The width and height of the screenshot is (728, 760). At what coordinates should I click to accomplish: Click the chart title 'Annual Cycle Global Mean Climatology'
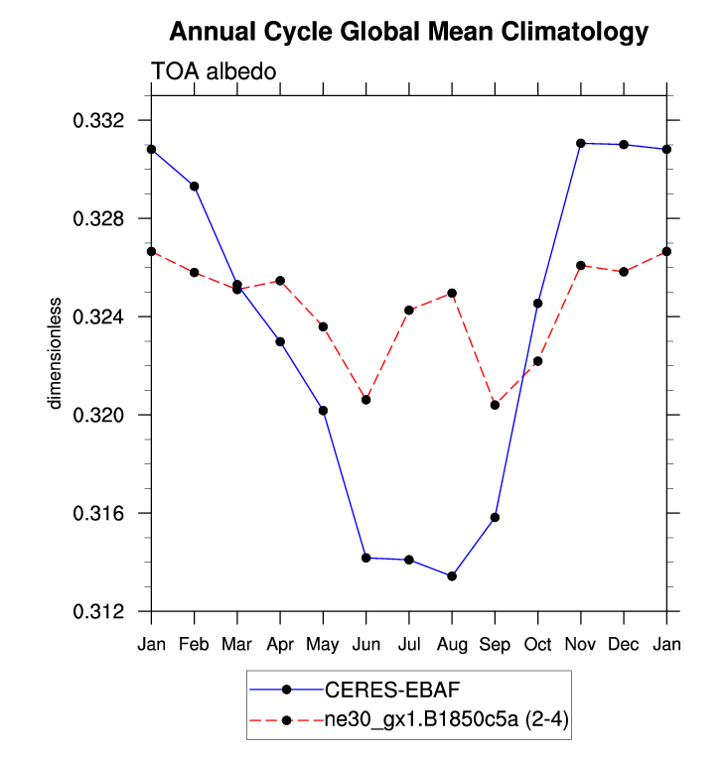tap(408, 32)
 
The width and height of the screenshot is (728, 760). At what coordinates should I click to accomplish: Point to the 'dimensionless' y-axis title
tap(57, 352)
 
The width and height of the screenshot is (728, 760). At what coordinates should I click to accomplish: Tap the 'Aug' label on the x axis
tap(452, 644)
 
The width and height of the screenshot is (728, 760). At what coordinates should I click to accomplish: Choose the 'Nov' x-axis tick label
tap(580, 644)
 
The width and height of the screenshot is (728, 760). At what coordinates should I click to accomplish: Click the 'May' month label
tap(323, 644)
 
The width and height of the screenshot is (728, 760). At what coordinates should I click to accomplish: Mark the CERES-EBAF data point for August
tap(452, 576)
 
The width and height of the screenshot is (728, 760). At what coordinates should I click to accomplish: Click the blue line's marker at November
tap(581, 144)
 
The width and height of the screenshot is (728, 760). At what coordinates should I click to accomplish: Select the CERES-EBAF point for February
tap(195, 187)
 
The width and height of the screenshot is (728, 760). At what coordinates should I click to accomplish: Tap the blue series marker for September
tap(495, 517)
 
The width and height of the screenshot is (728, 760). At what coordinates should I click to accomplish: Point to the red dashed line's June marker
tap(366, 400)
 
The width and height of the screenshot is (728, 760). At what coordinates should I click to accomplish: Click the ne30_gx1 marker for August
tap(452, 294)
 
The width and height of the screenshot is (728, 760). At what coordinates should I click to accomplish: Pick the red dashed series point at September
tap(495, 405)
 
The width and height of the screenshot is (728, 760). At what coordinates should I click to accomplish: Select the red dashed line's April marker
tap(280, 281)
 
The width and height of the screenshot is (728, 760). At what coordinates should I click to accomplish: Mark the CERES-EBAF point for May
tap(323, 411)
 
